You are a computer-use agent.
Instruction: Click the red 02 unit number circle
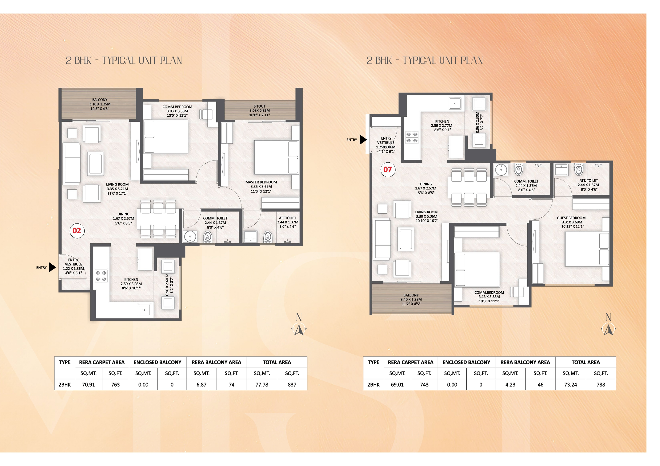77,231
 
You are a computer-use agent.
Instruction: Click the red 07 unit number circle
388,170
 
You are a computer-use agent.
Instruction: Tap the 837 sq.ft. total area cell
292,384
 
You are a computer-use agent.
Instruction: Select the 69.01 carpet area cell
397,384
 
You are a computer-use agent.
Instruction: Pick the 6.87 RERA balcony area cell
201,384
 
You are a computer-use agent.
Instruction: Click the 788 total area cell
601,384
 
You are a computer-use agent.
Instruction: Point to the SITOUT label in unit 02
260,106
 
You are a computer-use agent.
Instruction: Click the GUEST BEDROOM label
571,218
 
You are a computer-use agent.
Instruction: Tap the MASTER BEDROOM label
261,182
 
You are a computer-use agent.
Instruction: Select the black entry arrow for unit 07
363,140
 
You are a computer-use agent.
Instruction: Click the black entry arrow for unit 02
52,267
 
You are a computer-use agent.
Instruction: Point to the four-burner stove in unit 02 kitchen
101,276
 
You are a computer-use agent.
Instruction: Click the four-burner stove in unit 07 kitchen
412,137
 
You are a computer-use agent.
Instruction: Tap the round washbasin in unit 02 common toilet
190,237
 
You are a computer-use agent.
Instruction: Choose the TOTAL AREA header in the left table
277,362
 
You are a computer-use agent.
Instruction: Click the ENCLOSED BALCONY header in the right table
466,362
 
